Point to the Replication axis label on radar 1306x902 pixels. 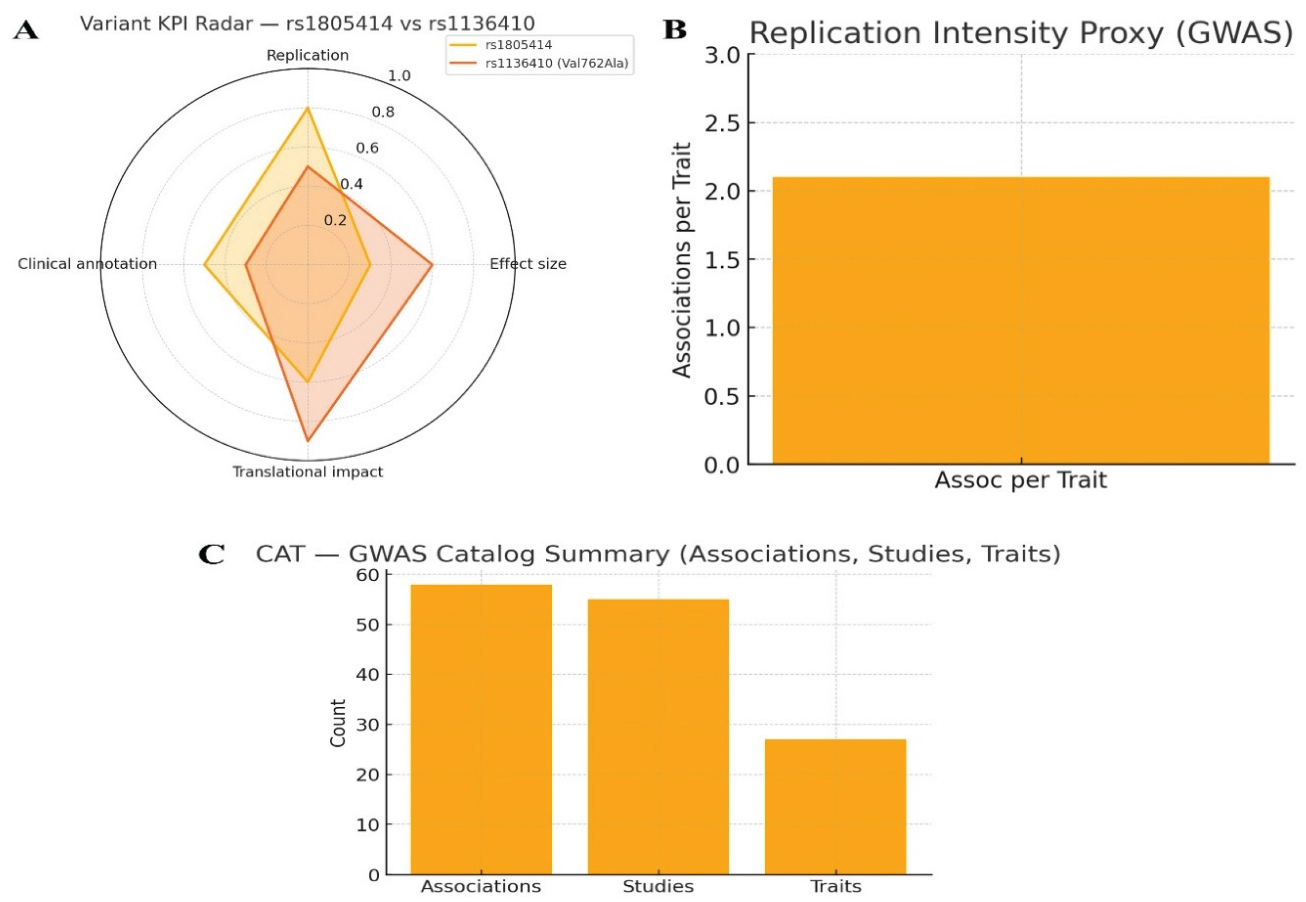[308, 55]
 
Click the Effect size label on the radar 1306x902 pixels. [528, 264]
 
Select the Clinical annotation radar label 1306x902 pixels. [87, 264]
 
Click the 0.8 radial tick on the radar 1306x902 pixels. [383, 112]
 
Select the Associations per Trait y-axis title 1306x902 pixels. [682, 260]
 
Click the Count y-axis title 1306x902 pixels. [338, 723]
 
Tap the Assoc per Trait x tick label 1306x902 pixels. [1021, 480]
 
